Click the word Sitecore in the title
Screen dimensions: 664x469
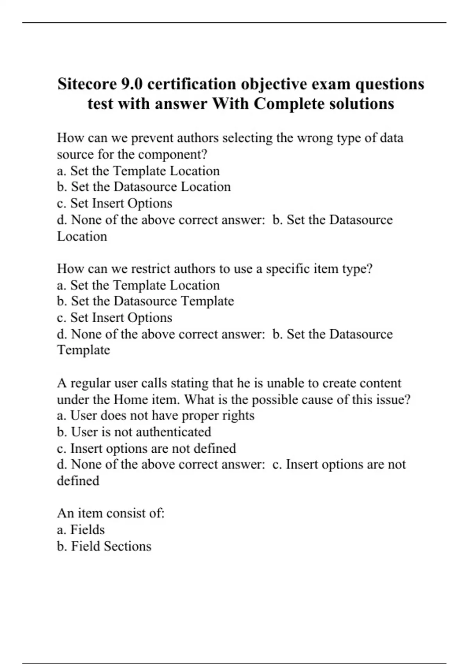[x=87, y=84]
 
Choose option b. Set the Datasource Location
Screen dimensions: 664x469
[x=144, y=187]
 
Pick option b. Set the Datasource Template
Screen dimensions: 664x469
[x=145, y=301]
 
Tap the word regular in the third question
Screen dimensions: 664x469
[x=91, y=383]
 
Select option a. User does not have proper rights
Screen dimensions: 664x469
[x=156, y=416]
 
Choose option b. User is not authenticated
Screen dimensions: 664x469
[x=134, y=432]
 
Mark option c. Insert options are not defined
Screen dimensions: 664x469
[x=147, y=448]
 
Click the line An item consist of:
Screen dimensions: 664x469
[x=111, y=513]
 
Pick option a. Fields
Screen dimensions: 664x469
[x=81, y=530]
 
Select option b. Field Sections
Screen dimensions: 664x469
[x=104, y=546]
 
